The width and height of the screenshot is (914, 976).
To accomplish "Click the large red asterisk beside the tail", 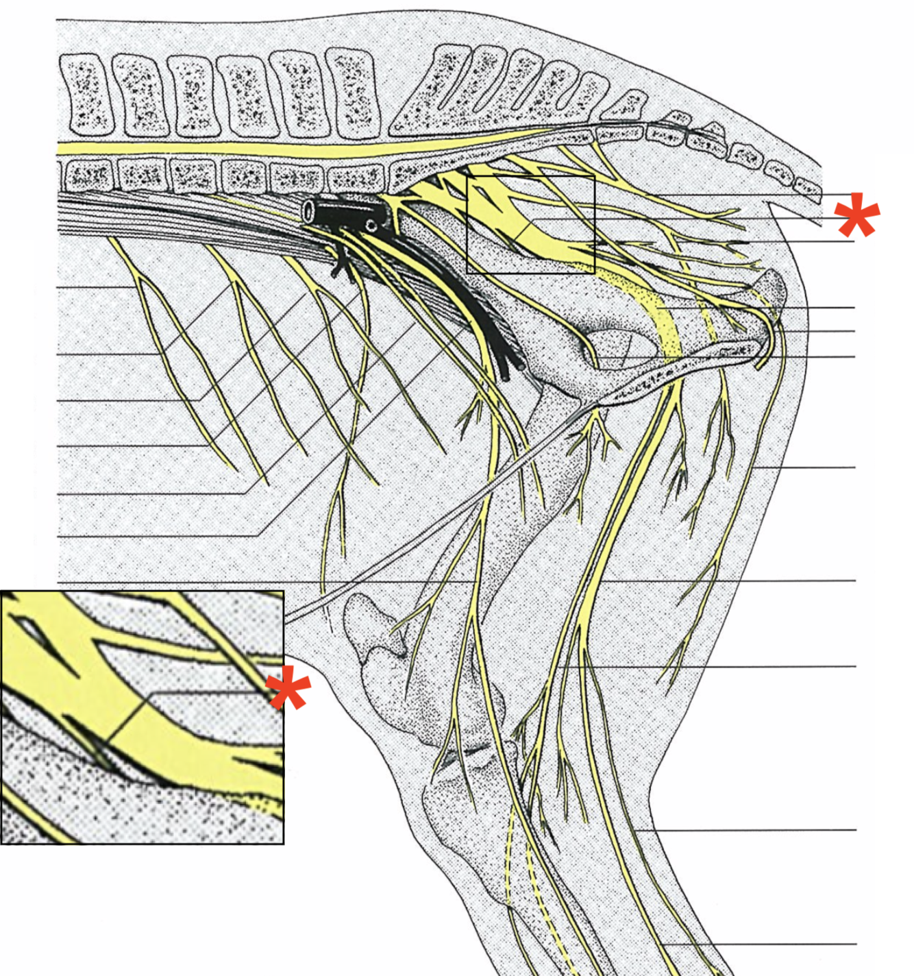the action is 856,215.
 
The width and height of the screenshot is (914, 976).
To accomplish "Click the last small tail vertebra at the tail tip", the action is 808,186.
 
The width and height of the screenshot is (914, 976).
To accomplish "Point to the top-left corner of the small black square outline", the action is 467,176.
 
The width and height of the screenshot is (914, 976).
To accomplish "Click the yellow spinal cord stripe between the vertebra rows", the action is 274,149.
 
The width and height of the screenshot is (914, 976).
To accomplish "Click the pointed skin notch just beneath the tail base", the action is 772,204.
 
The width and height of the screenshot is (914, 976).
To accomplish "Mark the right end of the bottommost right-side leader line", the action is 856,944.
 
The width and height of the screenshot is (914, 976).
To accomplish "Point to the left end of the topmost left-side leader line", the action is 58,286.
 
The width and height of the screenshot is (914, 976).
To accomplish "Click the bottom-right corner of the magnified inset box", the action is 283,842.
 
